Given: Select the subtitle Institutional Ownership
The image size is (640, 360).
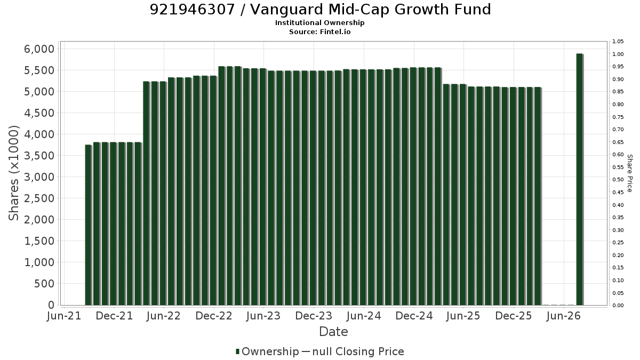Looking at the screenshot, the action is tap(319, 23).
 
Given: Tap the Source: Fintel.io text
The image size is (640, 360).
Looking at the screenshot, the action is tap(319, 31).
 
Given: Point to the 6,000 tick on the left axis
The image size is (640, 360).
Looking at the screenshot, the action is tap(39, 49).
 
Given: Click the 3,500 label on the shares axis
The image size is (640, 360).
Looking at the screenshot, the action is tap(39, 155).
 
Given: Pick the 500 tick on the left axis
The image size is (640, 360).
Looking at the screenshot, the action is tap(44, 283).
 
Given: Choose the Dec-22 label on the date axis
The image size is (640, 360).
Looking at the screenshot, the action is tap(214, 316).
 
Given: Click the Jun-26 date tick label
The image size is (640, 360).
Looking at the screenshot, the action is tap(563, 316).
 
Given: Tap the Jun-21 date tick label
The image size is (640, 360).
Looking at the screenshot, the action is tap(64, 316).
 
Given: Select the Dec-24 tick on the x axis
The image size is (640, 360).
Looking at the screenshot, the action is tap(414, 316).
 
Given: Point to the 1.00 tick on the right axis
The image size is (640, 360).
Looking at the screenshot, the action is tap(618, 54).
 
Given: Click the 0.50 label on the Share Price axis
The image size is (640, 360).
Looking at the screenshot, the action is tap(618, 180).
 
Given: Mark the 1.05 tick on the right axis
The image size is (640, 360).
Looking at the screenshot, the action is tap(618, 42).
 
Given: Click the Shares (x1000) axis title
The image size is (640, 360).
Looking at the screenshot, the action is tap(13, 173).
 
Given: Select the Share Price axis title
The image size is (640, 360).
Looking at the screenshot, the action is tap(629, 173).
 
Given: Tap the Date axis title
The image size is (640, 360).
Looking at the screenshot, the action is tap(333, 332).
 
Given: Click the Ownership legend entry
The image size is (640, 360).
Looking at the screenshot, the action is tap(267, 351).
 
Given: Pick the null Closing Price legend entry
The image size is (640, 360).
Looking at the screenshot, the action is tap(353, 351).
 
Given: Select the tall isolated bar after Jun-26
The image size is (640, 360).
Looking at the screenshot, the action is tap(580, 179).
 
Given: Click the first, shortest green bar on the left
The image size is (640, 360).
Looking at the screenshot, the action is tap(89, 225).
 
